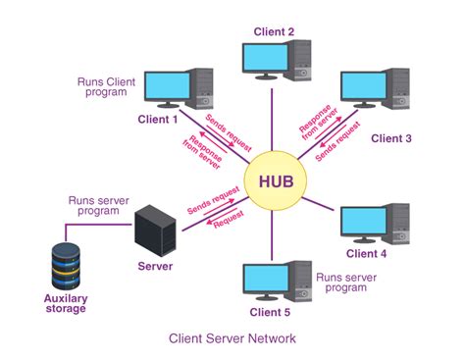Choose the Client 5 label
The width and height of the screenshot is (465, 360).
click(272, 312)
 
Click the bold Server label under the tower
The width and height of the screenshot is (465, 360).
click(156, 265)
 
